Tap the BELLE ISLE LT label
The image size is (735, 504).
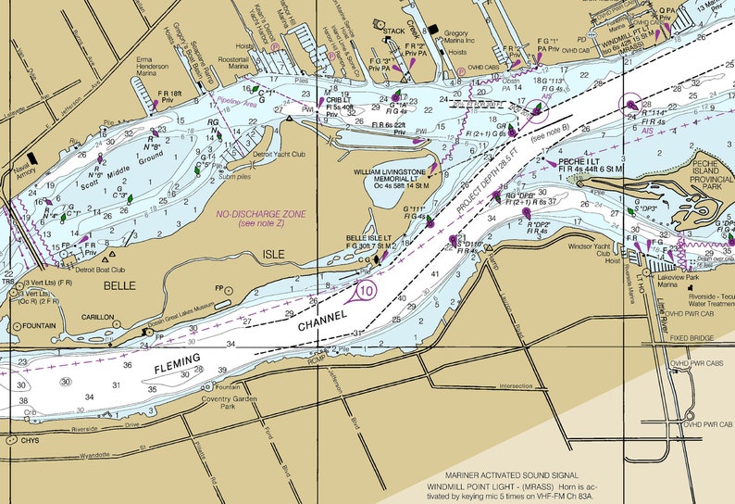pyautogui.click(x=368, y=238)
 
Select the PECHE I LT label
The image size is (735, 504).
pyautogui.click(x=580, y=161)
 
